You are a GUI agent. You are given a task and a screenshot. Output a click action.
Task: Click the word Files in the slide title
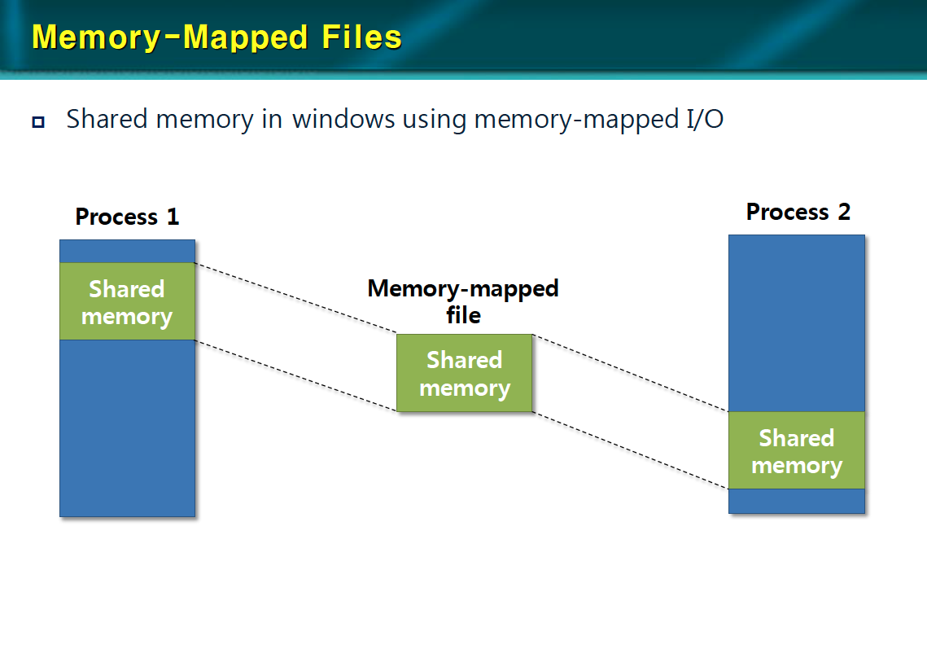pos(358,37)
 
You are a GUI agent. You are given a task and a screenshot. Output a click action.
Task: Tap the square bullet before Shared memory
pos(38,122)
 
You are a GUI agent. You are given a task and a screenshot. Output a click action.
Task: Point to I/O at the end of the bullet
pos(701,120)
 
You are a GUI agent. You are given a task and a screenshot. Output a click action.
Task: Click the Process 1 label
pos(127,217)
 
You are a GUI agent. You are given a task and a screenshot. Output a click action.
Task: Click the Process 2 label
pos(798,212)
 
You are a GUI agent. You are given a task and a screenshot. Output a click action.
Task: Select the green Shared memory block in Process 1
pos(127,302)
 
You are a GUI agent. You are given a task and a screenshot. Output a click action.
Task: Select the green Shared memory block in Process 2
pos(796,451)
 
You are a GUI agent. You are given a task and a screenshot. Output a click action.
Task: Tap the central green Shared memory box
pos(464,373)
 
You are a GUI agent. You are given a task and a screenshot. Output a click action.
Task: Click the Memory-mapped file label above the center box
pos(463,301)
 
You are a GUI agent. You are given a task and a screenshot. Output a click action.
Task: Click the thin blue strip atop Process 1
pos(127,251)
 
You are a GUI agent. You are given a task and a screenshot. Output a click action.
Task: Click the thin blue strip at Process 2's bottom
pos(796,501)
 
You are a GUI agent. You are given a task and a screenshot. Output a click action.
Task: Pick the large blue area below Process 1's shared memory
pos(127,428)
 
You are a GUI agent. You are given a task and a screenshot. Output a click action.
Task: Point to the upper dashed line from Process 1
pos(295,298)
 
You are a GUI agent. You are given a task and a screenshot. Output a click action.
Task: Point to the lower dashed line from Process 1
pos(295,376)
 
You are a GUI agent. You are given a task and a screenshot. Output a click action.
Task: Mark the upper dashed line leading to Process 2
pos(629,373)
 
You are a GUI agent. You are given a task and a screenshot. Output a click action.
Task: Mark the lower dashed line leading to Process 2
pos(629,450)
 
